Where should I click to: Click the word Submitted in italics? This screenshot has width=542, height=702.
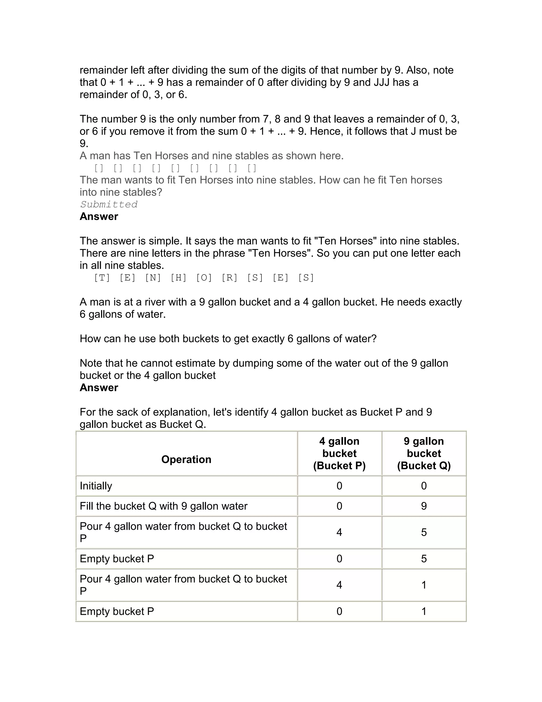[109, 205]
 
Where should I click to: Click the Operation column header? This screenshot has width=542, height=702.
[186, 459]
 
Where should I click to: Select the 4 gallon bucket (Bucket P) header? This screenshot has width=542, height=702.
[339, 453]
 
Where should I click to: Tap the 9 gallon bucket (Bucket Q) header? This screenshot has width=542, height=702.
[424, 453]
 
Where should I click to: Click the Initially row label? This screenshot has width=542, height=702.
[96, 486]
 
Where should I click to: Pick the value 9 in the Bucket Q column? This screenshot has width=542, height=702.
[424, 506]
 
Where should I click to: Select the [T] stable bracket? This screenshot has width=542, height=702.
[102, 278]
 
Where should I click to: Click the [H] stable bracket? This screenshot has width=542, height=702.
[179, 278]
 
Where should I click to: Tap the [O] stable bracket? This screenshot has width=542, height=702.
[204, 278]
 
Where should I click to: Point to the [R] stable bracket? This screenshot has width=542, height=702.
[229, 278]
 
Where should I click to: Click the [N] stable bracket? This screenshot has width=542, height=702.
[153, 278]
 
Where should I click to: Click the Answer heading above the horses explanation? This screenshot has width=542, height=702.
[99, 216]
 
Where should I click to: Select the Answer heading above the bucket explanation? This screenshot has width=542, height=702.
[99, 387]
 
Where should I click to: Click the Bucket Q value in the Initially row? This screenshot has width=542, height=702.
[424, 486]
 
